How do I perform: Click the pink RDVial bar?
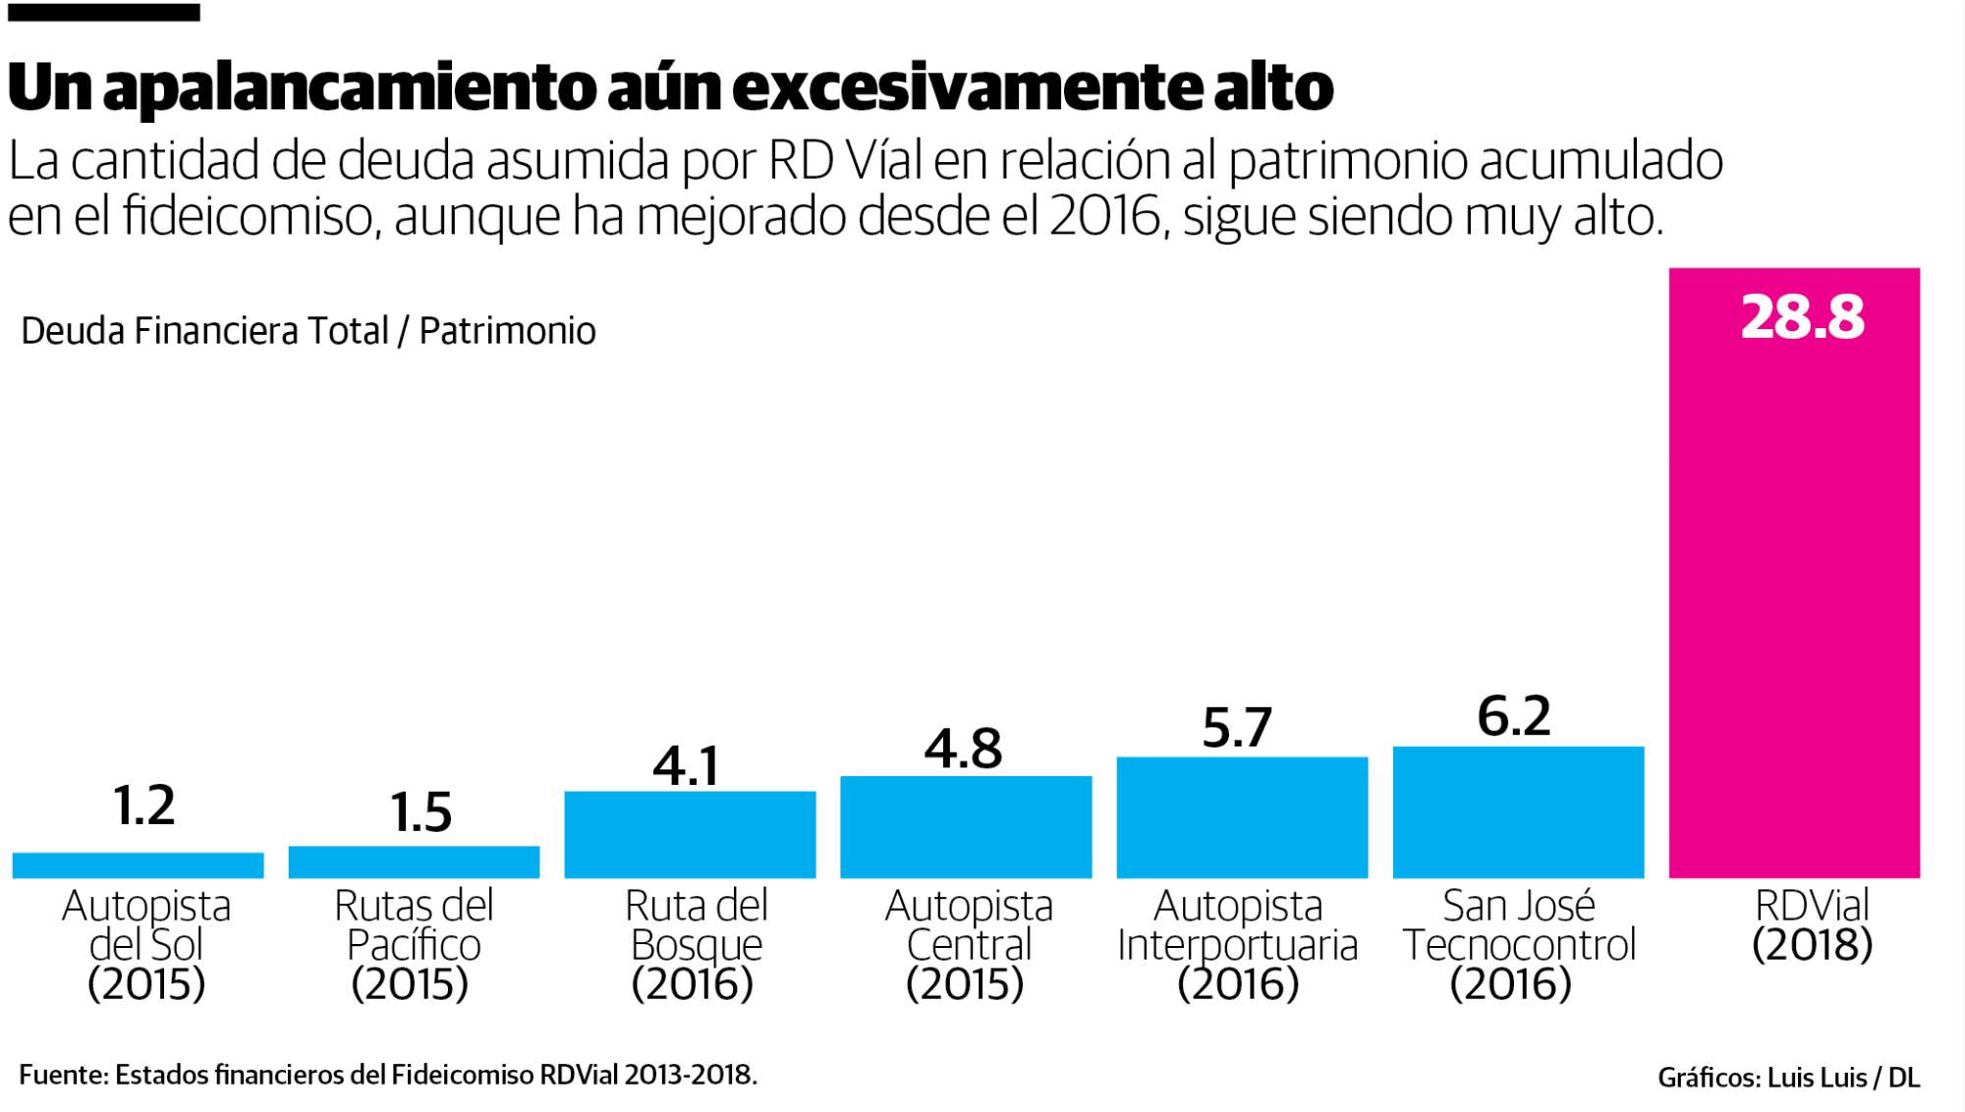(1794, 589)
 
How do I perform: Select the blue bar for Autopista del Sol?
(138, 865)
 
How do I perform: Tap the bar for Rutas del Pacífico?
(414, 862)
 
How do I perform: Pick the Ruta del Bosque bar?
(690, 835)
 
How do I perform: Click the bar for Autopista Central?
(966, 827)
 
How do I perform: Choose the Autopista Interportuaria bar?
(1242, 817)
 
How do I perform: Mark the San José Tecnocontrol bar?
(1518, 812)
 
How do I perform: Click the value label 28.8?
(1802, 318)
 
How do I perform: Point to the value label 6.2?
(1514, 716)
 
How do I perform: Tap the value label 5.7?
(1237, 727)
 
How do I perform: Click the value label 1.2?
(143, 806)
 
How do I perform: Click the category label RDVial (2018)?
(1813, 925)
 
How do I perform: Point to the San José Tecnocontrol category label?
(1518, 945)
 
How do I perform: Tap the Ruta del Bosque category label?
(695, 945)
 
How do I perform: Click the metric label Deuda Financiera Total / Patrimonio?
(308, 331)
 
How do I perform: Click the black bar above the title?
(102, 13)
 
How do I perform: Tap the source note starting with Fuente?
(388, 1075)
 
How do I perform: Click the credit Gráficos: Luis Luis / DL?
(1788, 1078)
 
